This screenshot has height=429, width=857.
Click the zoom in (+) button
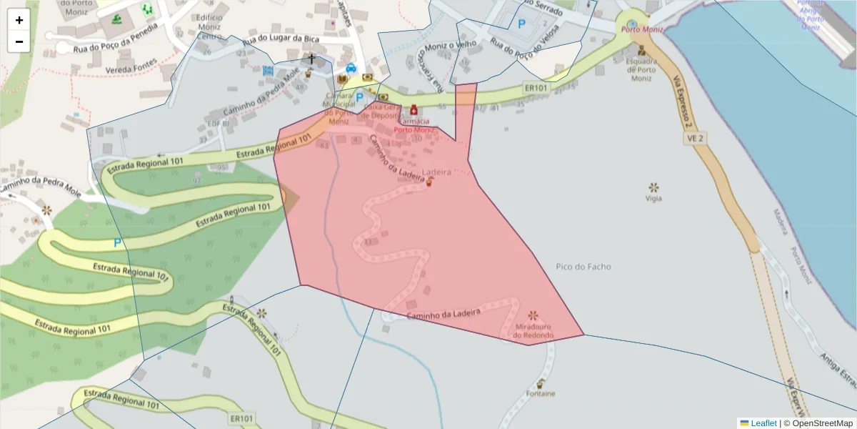[19, 20]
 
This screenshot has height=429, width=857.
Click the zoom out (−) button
[19, 41]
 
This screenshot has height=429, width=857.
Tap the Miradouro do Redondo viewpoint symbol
[533, 315]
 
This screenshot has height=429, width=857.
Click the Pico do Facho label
[583, 267]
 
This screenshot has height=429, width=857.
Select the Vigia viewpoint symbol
[653, 187]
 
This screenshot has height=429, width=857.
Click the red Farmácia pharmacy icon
[414, 111]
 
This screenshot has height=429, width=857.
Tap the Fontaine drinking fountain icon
[541, 383]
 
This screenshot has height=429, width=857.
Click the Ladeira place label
[436, 172]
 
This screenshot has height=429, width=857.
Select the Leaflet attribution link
[763, 423]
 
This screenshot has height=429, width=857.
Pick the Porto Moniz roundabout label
[642, 29]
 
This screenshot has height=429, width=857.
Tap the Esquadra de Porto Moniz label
[641, 69]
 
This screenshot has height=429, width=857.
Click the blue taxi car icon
[351, 69]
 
